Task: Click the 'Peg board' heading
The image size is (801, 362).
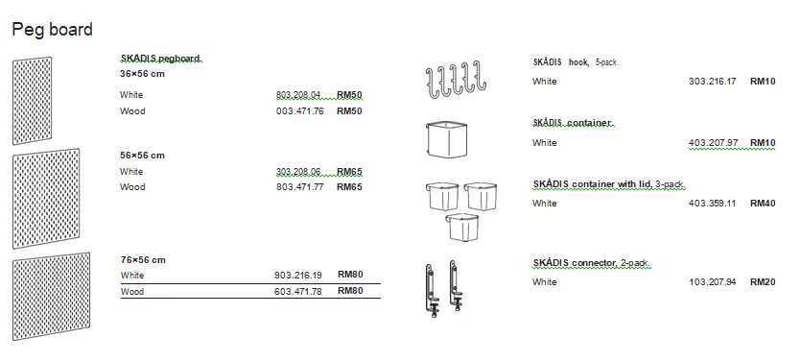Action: tap(52, 30)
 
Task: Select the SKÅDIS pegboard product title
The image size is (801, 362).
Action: tap(161, 59)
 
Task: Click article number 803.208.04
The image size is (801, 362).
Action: tap(297, 95)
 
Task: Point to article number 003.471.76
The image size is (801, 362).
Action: tap(297, 111)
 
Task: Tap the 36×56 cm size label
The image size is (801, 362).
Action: tap(142, 74)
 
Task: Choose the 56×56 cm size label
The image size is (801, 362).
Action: tap(142, 155)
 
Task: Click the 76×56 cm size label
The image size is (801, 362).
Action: tap(142, 259)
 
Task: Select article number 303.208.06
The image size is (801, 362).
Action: tap(297, 172)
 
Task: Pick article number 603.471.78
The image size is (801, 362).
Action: tap(297, 291)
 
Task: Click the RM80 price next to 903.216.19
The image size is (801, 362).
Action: tap(350, 275)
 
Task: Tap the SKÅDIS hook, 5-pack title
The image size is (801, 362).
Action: tap(575, 61)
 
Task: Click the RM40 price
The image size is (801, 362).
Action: tap(763, 204)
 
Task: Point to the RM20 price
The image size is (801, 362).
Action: tap(763, 282)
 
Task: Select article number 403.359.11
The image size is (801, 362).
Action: tap(712, 204)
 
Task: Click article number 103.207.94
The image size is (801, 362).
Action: tap(712, 282)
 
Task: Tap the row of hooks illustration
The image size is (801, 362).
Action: tap(450, 81)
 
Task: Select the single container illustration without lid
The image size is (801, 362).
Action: tap(446, 140)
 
